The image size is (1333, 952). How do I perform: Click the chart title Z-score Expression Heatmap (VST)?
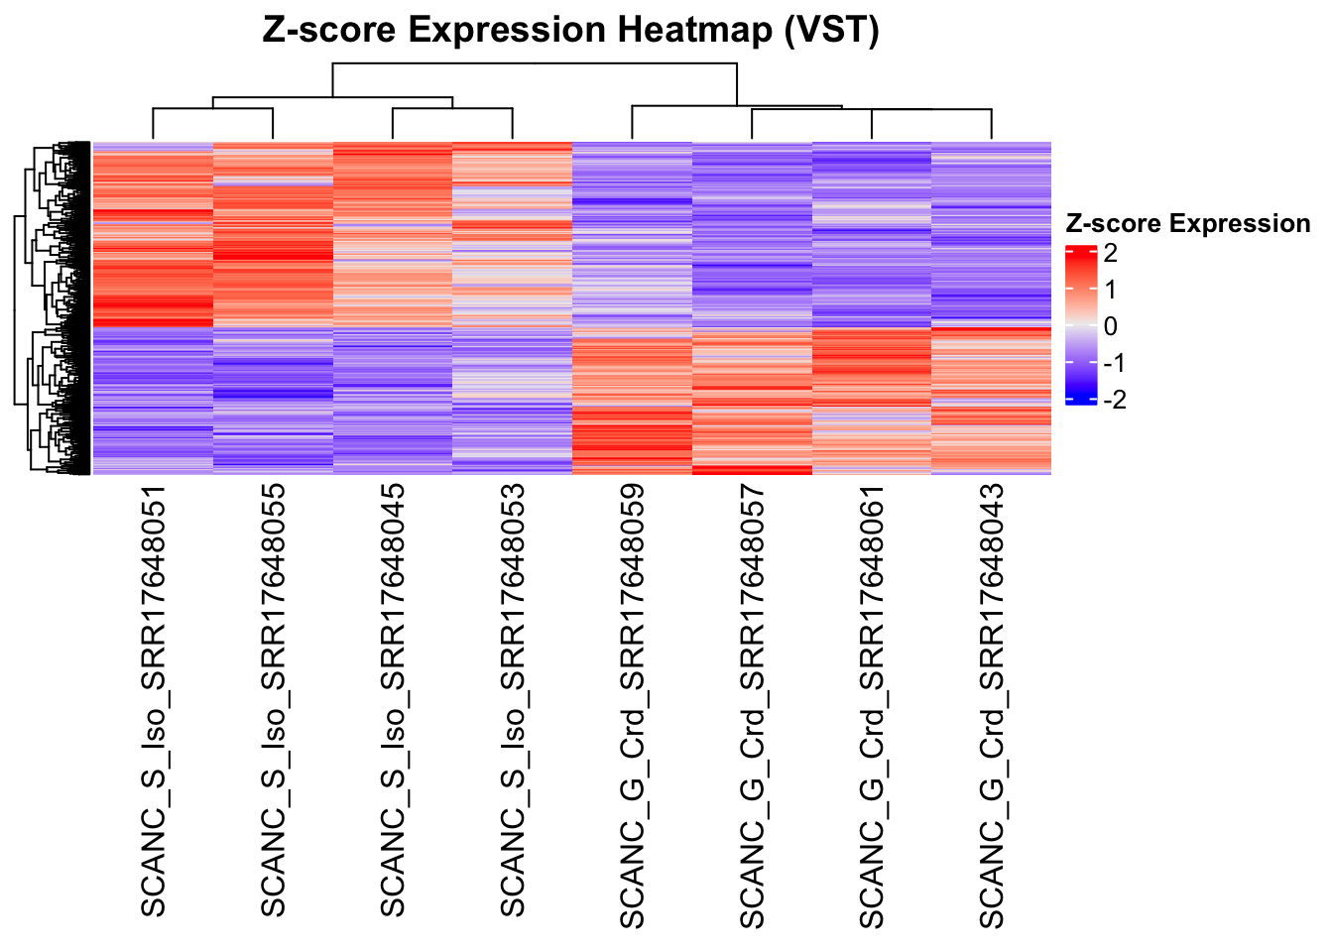click(570, 31)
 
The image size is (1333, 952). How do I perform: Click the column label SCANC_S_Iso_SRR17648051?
click(153, 700)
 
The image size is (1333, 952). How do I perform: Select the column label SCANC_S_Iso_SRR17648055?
click(273, 700)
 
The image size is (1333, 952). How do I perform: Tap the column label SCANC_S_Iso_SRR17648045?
click(393, 700)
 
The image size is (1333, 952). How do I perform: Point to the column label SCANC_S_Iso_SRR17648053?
click(513, 700)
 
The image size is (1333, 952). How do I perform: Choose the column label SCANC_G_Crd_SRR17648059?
click(633, 706)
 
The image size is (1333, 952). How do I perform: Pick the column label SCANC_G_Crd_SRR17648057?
click(753, 706)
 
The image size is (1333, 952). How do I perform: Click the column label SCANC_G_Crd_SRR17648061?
click(872, 706)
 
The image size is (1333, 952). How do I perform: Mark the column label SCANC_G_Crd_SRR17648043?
click(992, 706)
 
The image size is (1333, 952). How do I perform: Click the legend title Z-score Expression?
click(1187, 224)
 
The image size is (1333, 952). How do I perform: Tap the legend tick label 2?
click(1110, 253)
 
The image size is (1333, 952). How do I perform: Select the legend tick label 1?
click(1110, 290)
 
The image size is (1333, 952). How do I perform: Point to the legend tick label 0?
click(1110, 326)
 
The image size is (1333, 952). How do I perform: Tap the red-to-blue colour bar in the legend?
click(1080, 325)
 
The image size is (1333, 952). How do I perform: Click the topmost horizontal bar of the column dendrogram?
click(536, 63)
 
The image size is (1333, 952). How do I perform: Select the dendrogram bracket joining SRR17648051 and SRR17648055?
click(213, 109)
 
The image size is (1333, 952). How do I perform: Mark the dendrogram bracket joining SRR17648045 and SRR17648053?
click(452, 109)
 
